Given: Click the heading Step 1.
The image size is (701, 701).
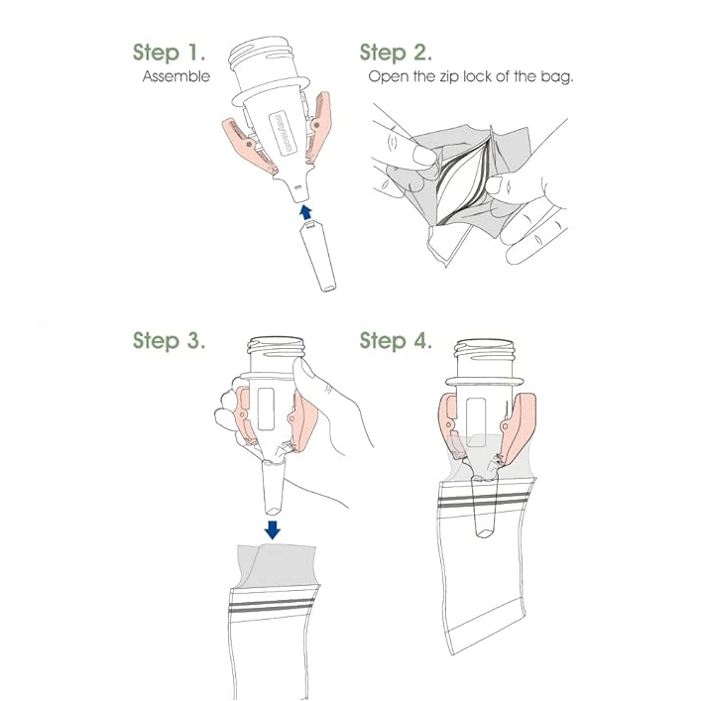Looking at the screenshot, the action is (x=169, y=53).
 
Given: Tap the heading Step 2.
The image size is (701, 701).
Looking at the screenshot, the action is (x=396, y=53).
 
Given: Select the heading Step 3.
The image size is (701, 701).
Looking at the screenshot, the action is (x=169, y=341).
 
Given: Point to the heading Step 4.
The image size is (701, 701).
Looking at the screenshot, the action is (x=396, y=341).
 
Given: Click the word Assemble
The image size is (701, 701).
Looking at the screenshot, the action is (x=176, y=76).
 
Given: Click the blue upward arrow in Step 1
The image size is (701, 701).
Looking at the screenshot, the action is (x=305, y=212).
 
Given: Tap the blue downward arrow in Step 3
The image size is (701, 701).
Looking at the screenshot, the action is (x=273, y=529).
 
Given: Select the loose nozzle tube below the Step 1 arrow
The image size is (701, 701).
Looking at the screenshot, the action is (x=318, y=257).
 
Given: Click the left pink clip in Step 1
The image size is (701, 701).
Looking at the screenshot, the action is (x=248, y=146).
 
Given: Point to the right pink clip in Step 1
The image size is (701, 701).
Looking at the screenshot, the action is (x=319, y=128).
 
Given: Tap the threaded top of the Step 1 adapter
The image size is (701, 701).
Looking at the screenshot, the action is (x=262, y=54).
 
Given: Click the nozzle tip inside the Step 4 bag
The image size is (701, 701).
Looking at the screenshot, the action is (x=485, y=532).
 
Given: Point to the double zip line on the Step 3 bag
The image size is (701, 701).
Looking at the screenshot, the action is (x=272, y=606).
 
